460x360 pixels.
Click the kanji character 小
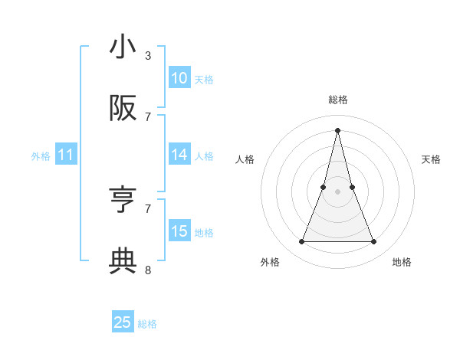click(123, 47)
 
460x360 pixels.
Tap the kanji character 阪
click(123, 109)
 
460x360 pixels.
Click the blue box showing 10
click(179, 78)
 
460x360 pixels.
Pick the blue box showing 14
click(179, 155)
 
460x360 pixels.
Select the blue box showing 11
click(66, 155)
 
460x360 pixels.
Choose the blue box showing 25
click(123, 323)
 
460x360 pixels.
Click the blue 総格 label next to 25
click(147, 324)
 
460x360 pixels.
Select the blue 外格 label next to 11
click(41, 156)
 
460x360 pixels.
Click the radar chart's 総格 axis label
click(337, 100)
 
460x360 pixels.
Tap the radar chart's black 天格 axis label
click(431, 159)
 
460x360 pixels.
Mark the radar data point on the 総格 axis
click(337, 129)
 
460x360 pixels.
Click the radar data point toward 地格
click(374, 242)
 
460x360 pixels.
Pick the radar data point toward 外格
click(301, 242)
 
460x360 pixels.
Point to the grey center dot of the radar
click(337, 191)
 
